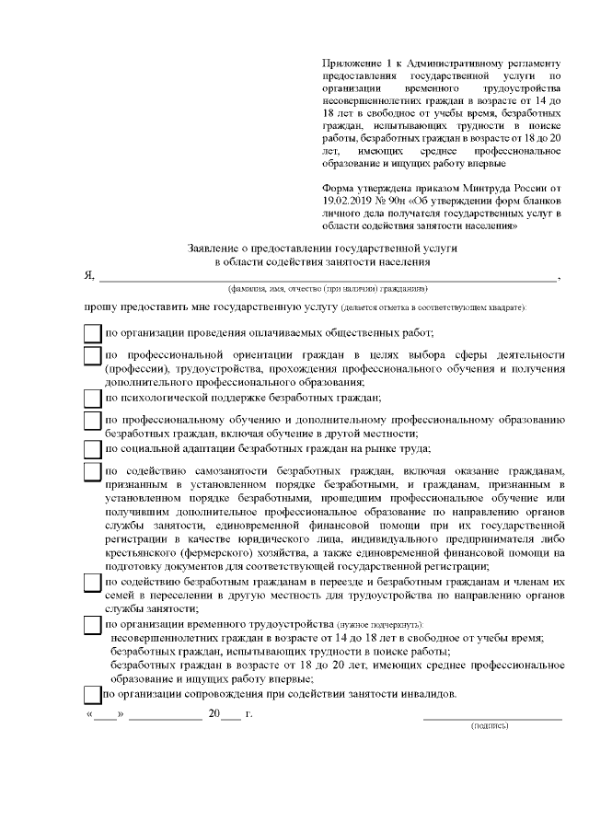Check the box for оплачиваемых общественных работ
pos(93,333)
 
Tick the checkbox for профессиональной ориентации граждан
pos(93,356)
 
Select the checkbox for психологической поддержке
pos(93,398)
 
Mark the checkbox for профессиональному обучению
pos(93,422)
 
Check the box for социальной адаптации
pos(93,448)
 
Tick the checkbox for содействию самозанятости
pos(93,471)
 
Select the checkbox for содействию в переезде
pos(93,584)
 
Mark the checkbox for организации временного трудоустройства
pos(93,625)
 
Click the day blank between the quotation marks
pos(105,715)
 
